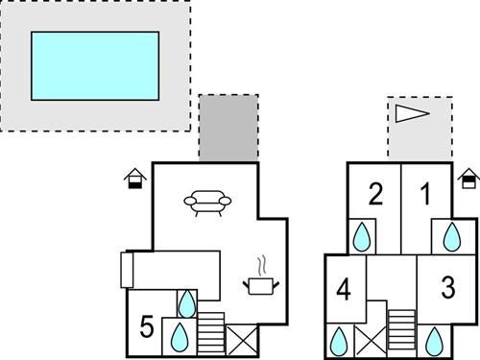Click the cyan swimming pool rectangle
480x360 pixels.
pyautogui.click(x=94, y=64)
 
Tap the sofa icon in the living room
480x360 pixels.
pyautogui.click(x=208, y=202)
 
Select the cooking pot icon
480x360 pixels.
pyautogui.click(x=259, y=282)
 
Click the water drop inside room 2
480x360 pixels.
pyautogui.click(x=362, y=236)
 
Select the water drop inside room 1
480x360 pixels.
pyautogui.click(x=450, y=236)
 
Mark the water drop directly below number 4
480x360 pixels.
pyautogui.click(x=339, y=340)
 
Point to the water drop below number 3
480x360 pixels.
pyautogui.click(x=434, y=339)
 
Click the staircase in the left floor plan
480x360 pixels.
pyautogui.click(x=210, y=331)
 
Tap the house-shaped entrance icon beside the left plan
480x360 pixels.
pyautogui.click(x=135, y=178)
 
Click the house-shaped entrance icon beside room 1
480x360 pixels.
pyautogui.click(x=469, y=178)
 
